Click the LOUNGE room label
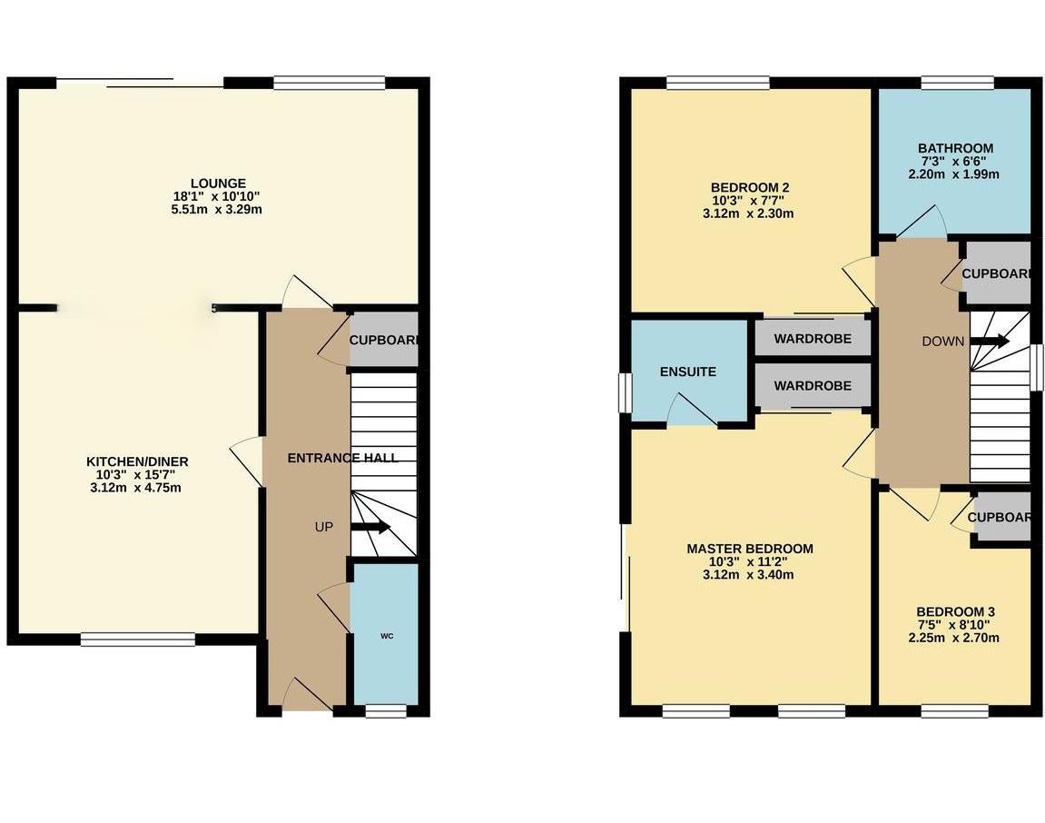click(x=218, y=183)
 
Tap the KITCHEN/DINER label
click(x=139, y=461)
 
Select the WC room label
click(x=386, y=636)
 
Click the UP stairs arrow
click(x=370, y=527)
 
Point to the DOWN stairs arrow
click(x=989, y=342)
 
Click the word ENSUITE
click(x=687, y=372)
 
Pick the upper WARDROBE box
click(x=813, y=339)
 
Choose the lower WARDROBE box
click(x=813, y=386)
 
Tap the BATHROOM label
click(x=955, y=148)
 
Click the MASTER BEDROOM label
click(x=749, y=549)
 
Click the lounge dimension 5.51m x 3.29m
click(x=218, y=210)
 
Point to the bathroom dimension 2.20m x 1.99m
click(x=955, y=174)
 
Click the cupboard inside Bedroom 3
click(x=1002, y=518)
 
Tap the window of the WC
click(x=386, y=711)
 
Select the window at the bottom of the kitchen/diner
click(x=138, y=640)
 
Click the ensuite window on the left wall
click(x=625, y=392)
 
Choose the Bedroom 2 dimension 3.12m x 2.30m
click(x=749, y=214)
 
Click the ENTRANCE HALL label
click(x=342, y=458)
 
